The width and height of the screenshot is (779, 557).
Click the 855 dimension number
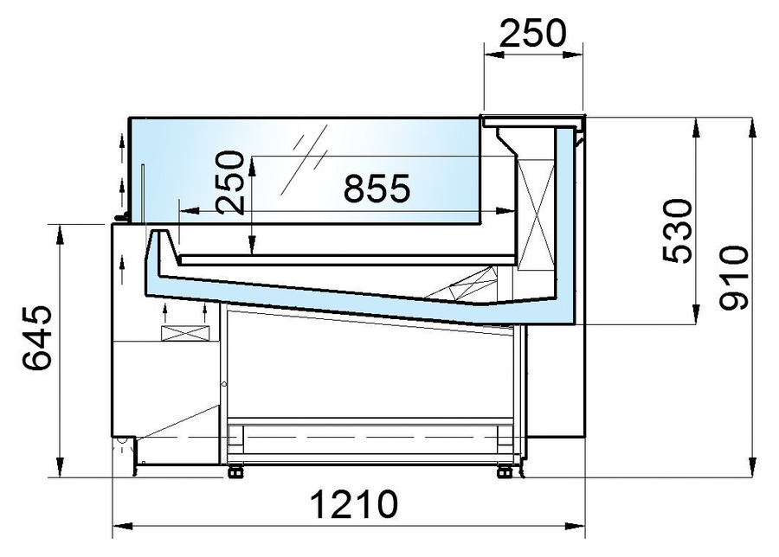pyautogui.click(x=376, y=189)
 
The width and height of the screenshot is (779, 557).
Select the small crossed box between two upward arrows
pyautogui.click(x=184, y=332)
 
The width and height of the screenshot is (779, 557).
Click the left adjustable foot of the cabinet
pyautogui.click(x=233, y=471)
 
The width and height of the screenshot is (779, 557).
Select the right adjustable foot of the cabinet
pyautogui.click(x=503, y=471)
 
